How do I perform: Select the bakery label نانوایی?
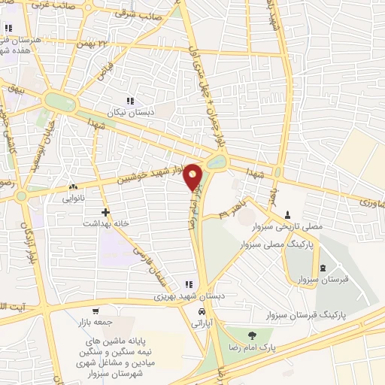(77, 199)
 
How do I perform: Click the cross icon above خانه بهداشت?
(105, 213)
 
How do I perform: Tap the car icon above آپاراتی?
(201, 312)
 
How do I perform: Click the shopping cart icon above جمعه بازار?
(95, 311)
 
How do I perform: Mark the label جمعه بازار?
(95, 322)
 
